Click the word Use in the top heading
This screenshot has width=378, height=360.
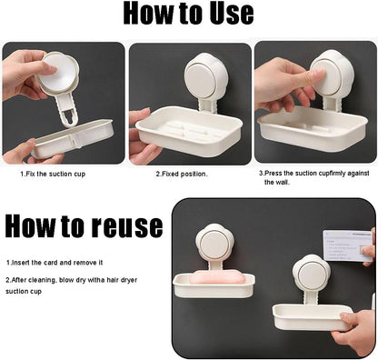pyautogui.click(x=232, y=14)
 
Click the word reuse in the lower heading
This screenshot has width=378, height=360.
pyautogui.click(x=127, y=226)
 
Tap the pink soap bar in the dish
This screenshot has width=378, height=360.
pyautogui.click(x=216, y=277)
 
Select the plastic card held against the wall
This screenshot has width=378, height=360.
pyautogui.click(x=347, y=245)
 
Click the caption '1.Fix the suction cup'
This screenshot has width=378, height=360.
pyautogui.click(x=53, y=175)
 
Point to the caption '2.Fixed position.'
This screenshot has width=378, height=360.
pyautogui.click(x=182, y=175)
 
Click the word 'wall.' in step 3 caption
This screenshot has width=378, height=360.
pyautogui.click(x=277, y=183)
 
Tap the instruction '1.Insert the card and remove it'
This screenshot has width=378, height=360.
pyautogui.click(x=55, y=263)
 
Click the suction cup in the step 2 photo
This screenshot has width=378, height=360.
pyautogui.click(x=203, y=75)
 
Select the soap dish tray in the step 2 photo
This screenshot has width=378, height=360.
pyautogui.click(x=189, y=131)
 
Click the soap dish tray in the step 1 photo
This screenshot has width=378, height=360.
pyautogui.click(x=73, y=139)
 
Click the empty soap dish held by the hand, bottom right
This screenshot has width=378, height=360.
pyautogui.click(x=312, y=317)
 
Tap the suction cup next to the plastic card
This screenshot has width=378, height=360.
pyautogui.click(x=312, y=272)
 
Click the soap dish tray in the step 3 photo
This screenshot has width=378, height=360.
pyautogui.click(x=312, y=129)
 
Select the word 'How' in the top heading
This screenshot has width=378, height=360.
pyautogui.click(x=148, y=14)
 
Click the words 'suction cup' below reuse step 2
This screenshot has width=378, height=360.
pyautogui.click(x=24, y=292)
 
